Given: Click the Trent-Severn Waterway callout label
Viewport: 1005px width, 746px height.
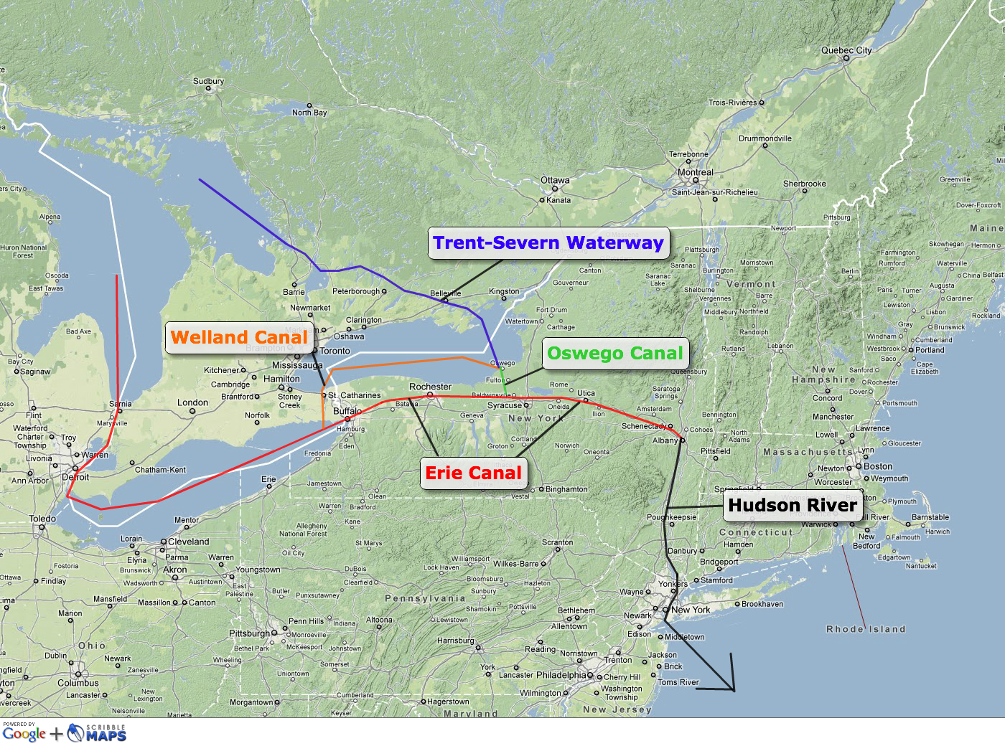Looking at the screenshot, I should coord(548,243).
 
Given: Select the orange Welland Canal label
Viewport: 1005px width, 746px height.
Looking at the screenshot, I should coord(239,338).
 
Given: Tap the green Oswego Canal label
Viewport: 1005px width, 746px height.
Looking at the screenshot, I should coord(615,354).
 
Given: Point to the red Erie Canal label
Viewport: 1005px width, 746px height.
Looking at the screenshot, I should coord(473,473).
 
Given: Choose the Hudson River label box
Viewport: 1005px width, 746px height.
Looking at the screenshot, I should coord(793,506).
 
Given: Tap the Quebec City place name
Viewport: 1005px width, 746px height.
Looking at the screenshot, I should coord(846,51).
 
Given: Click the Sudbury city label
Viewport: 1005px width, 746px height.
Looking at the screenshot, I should coord(208,82).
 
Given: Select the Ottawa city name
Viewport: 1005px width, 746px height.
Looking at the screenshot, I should coord(555,181).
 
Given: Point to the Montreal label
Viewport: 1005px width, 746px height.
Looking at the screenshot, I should coord(696,173).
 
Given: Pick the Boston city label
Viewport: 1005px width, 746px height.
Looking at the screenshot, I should coord(878,466).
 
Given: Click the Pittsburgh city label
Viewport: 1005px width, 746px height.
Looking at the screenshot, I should coord(249,634).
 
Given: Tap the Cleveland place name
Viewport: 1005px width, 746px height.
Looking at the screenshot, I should coord(189,542).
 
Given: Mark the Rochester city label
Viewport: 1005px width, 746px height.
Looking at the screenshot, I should coord(430,387).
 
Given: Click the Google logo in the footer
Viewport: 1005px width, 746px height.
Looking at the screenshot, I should coord(24,734).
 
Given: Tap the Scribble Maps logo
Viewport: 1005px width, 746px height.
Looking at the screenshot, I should coord(98,733).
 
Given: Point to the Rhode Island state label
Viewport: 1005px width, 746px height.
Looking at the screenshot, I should coord(866,630).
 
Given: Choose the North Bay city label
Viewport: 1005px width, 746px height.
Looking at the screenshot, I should coord(309,113).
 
